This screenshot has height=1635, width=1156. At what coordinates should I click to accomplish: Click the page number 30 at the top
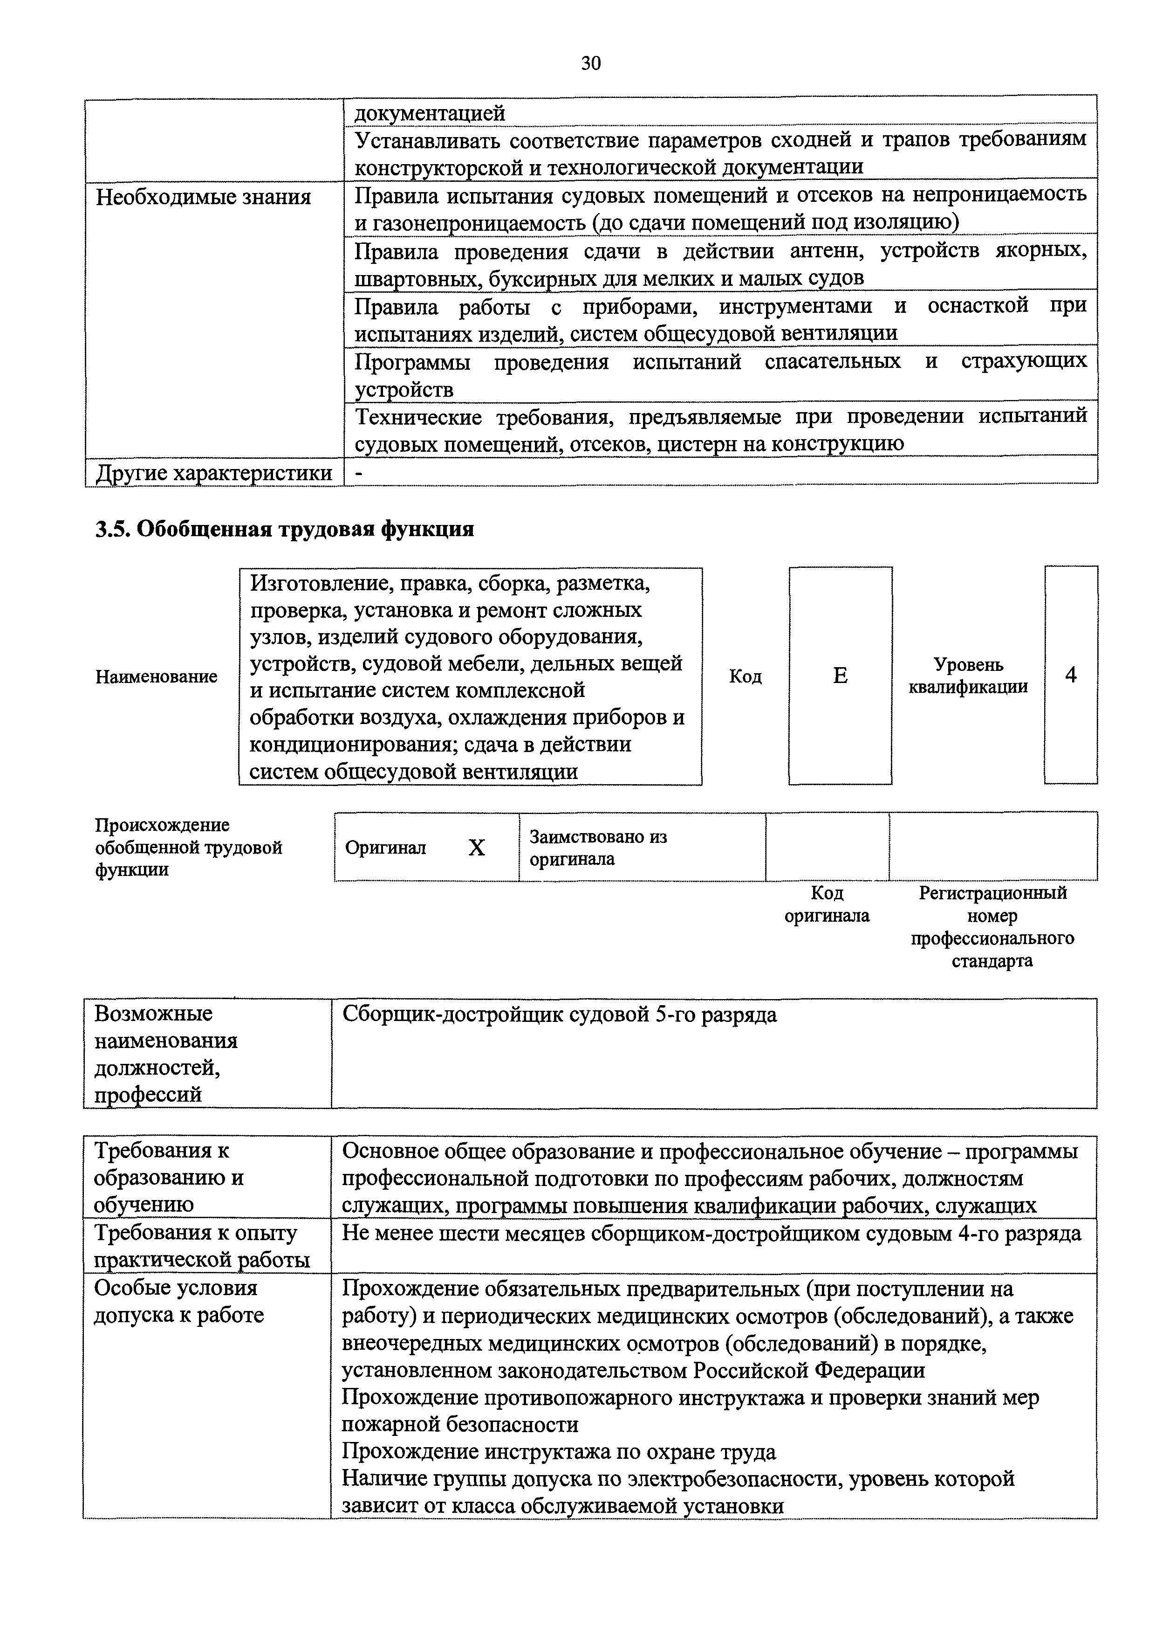(x=591, y=64)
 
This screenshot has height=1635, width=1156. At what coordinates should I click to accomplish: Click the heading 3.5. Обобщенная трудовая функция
(x=285, y=530)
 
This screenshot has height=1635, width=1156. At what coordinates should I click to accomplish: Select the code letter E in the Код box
(x=840, y=675)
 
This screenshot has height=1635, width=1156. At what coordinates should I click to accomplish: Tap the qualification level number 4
(x=1071, y=675)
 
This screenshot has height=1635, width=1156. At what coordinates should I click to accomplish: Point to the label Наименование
(x=157, y=676)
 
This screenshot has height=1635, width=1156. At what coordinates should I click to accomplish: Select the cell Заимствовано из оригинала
(x=598, y=848)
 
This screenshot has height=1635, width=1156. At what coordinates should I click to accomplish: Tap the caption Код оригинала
(x=827, y=904)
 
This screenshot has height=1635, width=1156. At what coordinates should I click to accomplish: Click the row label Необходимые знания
(x=204, y=197)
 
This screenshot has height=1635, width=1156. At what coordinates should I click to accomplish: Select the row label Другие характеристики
(x=213, y=473)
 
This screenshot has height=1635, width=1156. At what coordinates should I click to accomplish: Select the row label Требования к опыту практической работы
(x=201, y=1246)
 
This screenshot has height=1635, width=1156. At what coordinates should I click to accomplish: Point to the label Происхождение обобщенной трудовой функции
(x=189, y=848)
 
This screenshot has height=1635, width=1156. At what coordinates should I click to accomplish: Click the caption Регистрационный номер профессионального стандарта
(x=992, y=926)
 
